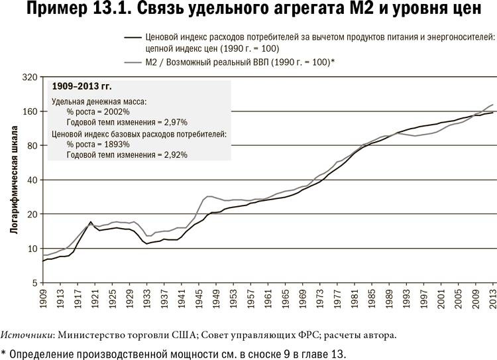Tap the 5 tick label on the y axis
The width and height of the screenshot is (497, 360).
tap(34, 283)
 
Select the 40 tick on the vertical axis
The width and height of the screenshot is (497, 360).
tap(31, 180)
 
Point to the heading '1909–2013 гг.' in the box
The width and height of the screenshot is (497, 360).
tap(82, 87)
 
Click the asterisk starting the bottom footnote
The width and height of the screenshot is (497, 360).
tap(4, 351)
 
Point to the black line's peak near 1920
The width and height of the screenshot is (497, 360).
tap(91, 221)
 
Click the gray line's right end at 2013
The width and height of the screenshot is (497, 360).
tap(493, 105)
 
